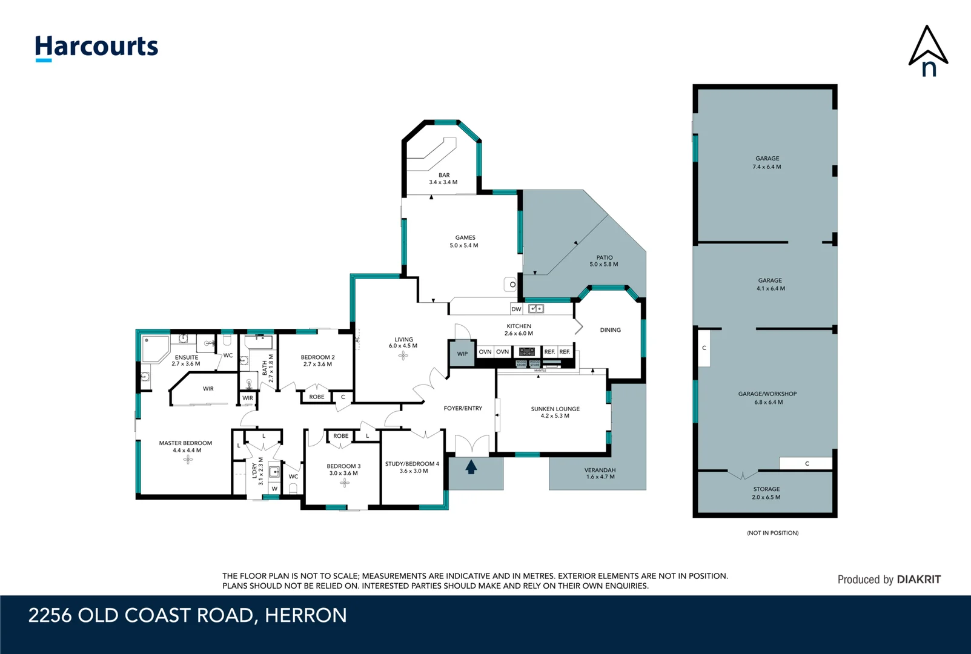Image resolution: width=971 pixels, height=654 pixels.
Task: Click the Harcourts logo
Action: coord(96,47)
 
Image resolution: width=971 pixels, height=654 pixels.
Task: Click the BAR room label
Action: coord(443,179)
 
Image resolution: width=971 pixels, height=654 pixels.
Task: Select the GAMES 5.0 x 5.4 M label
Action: coord(465,242)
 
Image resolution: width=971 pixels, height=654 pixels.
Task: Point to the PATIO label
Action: coord(604,260)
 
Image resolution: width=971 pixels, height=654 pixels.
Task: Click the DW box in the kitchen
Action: coord(516,309)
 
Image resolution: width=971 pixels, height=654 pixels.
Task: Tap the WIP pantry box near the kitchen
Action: coord(462,354)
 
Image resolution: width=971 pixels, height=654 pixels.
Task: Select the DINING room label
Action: coord(610,330)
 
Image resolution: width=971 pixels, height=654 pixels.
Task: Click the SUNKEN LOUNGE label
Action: coord(555,412)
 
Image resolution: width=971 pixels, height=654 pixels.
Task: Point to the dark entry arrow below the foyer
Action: coord(471,467)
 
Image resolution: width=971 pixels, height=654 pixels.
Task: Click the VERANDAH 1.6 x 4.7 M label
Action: coord(600,473)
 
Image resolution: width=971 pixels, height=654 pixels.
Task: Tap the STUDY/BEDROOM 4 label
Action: coord(413,467)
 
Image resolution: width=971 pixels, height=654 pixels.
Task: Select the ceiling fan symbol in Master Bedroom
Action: coord(188,459)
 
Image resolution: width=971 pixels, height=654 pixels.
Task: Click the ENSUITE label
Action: coord(186,360)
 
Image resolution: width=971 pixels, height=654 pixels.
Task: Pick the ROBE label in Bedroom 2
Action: coord(316,397)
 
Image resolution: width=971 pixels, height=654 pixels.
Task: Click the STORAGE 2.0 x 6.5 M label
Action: coord(766,493)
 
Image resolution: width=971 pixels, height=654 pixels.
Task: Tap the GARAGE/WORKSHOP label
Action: coord(767,397)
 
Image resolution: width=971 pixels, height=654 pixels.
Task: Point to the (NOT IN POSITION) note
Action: coord(772,533)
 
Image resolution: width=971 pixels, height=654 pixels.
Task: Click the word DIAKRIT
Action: coord(918,580)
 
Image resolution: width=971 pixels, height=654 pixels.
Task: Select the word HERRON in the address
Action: coord(305,616)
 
